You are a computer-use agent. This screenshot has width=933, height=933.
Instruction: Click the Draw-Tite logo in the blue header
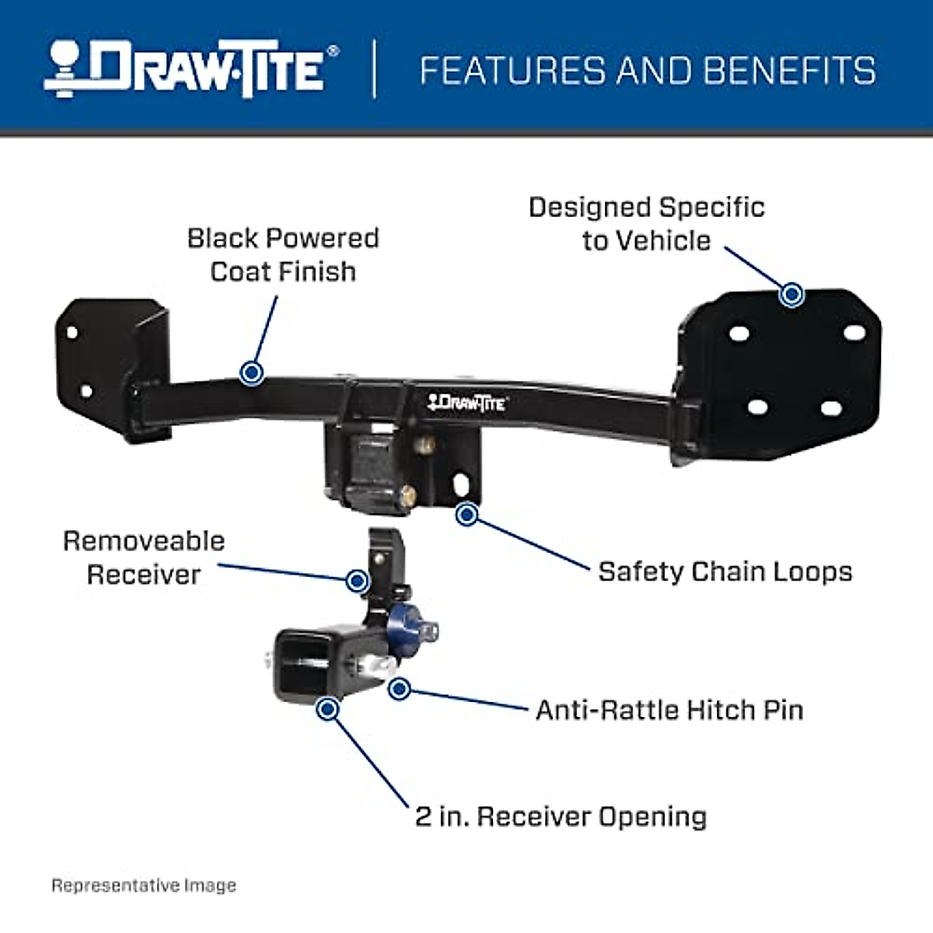click(190, 70)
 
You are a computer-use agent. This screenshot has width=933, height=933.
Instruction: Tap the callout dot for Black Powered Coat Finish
click(250, 372)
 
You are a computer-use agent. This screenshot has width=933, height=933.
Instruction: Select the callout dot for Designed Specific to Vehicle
click(791, 294)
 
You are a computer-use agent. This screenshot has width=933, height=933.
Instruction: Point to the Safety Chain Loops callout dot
click(466, 514)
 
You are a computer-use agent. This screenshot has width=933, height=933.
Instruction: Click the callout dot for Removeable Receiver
click(357, 580)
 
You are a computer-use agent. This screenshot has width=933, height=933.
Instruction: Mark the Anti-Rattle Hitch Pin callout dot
click(400, 688)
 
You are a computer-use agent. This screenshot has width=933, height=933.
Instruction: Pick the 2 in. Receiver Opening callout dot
click(328, 708)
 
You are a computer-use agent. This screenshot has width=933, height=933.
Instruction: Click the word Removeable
click(144, 541)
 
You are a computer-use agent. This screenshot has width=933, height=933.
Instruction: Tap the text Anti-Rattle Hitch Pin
click(669, 710)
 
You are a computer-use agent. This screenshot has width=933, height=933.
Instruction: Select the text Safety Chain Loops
click(725, 571)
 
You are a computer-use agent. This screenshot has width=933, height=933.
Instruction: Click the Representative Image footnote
click(144, 885)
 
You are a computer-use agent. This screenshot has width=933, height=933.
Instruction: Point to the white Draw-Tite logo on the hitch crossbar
click(466, 402)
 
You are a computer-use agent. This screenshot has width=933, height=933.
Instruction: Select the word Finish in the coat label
click(320, 271)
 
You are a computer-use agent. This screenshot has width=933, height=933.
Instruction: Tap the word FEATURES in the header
click(513, 71)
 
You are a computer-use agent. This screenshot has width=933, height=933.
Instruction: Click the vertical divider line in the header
click(375, 70)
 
